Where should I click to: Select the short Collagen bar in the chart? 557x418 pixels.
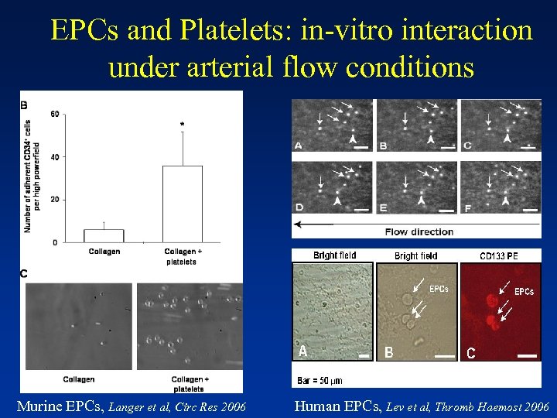point(104,235)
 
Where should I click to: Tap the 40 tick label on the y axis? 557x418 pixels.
point(54,157)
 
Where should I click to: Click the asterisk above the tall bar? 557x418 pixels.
point(182,124)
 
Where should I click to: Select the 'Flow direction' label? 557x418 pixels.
point(419,231)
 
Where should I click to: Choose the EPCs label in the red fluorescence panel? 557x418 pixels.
point(524,292)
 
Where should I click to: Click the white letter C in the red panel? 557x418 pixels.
point(470,354)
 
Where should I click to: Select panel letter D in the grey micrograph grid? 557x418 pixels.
point(299,207)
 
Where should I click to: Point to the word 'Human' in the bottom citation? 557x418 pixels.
point(318,405)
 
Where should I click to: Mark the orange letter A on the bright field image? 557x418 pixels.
point(303,351)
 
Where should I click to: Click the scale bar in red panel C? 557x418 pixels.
point(527,356)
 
